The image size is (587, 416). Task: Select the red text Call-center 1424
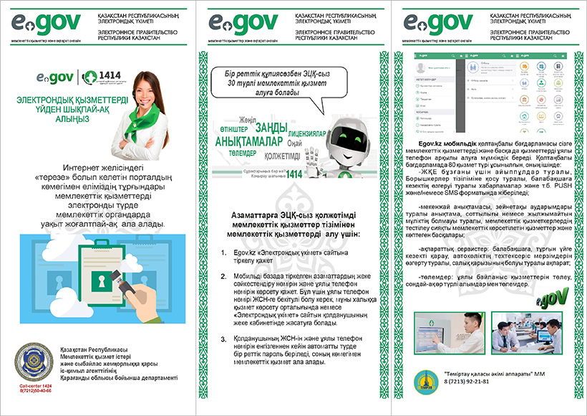tap(35, 386)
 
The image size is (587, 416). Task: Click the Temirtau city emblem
tap(427, 378)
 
